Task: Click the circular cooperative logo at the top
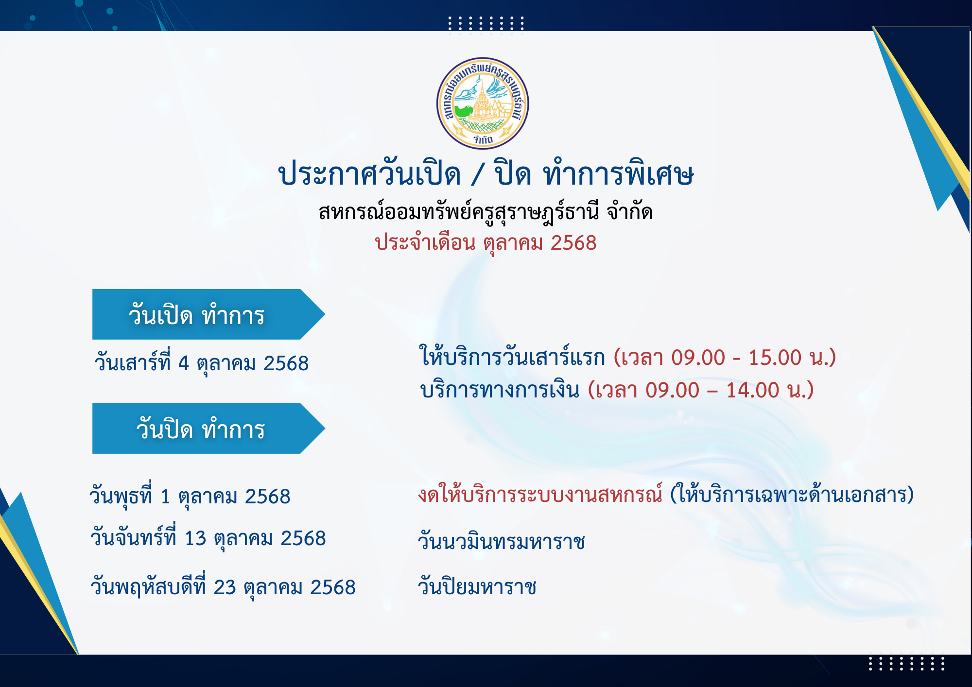click(483, 103)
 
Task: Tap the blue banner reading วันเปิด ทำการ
click(208, 314)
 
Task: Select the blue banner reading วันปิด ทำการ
click(208, 429)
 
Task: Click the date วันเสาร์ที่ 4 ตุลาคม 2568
click(202, 363)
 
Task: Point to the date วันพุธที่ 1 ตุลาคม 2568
click(190, 496)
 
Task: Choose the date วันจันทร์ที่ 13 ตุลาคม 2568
click(208, 538)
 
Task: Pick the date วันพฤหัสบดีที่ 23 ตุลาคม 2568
click(223, 587)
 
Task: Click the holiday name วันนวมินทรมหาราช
click(502, 541)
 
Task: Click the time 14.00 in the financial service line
click(753, 390)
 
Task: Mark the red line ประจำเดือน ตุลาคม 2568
click(486, 243)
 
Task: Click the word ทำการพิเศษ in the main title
click(618, 173)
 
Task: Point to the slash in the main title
click(478, 174)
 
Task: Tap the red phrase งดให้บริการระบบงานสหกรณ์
click(540, 494)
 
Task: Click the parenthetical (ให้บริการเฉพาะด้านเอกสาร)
click(792, 494)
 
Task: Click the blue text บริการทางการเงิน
click(500, 390)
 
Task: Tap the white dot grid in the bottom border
click(906, 663)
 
